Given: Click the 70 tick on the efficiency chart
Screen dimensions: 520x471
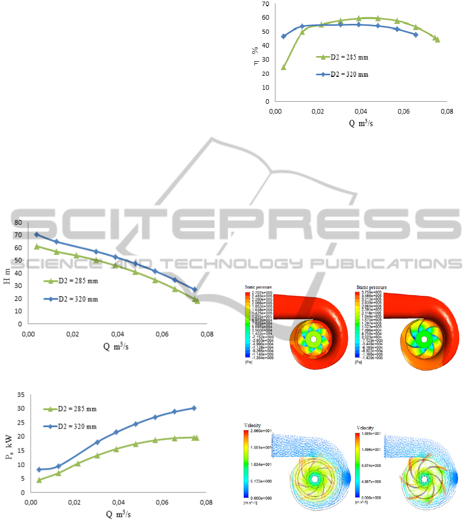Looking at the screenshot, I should (x=266, y=4).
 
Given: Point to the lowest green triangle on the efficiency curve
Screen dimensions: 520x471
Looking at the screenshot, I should (x=284, y=67).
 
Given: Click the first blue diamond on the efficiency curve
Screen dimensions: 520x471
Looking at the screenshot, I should (x=284, y=36).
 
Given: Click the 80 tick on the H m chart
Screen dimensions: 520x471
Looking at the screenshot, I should (x=19, y=222).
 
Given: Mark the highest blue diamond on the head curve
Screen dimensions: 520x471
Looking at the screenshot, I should (x=37, y=235).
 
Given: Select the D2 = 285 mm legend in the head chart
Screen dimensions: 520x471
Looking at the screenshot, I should (x=78, y=281).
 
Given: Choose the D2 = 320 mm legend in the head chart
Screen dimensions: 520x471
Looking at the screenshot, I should (x=78, y=299).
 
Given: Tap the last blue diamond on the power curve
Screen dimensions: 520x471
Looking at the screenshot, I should (x=194, y=408).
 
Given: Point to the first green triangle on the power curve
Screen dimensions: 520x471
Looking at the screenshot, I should (x=39, y=480).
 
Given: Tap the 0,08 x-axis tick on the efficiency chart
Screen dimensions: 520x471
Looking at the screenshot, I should (x=447, y=111).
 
